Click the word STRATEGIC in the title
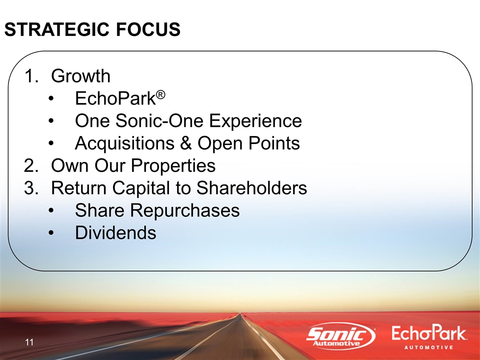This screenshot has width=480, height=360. point(57,29)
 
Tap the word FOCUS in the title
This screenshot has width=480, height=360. point(148,29)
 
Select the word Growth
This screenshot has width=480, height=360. point(80,75)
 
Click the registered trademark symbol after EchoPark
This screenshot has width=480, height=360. point(160,94)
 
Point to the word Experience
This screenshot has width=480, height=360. point(255,120)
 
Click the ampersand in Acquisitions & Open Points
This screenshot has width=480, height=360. point(186,143)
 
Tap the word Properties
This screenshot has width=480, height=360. point(173,165)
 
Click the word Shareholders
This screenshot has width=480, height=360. point(251,187)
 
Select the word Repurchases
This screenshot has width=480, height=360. point(184,210)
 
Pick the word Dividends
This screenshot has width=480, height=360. point(115,232)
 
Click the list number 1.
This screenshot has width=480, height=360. point(31,76)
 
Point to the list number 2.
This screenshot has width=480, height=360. point(31,165)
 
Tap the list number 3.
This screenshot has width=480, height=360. point(31,188)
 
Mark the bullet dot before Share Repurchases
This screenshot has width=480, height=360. point(51,211)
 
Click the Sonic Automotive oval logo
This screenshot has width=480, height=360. point(340,336)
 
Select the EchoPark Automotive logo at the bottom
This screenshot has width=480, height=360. point(429,337)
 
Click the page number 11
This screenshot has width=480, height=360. point(29,342)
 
